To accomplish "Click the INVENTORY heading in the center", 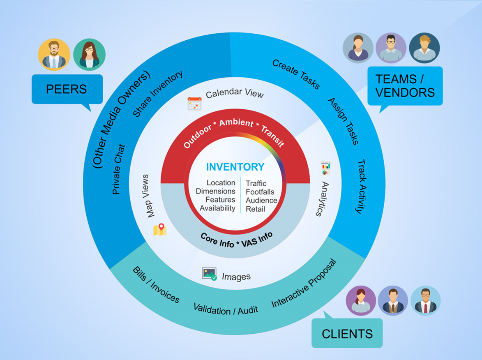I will pos(235,167).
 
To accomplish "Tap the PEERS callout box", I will pos(67,89).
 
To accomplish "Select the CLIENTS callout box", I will pos(347,333).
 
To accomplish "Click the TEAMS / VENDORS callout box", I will pos(405,85).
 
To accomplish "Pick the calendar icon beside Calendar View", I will pos(194,104).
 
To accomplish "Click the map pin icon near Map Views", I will pos(160,229).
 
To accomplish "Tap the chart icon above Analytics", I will pos(326,168).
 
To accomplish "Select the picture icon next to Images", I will pos(209,274).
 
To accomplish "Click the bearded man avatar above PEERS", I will pos(54,55).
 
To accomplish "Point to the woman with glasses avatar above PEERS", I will pos(89,55).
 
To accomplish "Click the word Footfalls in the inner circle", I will pos(260,192).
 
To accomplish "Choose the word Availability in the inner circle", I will pos(217,208).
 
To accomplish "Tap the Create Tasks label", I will pos(296,74).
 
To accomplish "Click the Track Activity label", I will pos(360,187).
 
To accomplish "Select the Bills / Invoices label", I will pos(156,285).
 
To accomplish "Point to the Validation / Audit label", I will pos(226,309).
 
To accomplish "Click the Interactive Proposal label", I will pos(304,284).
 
